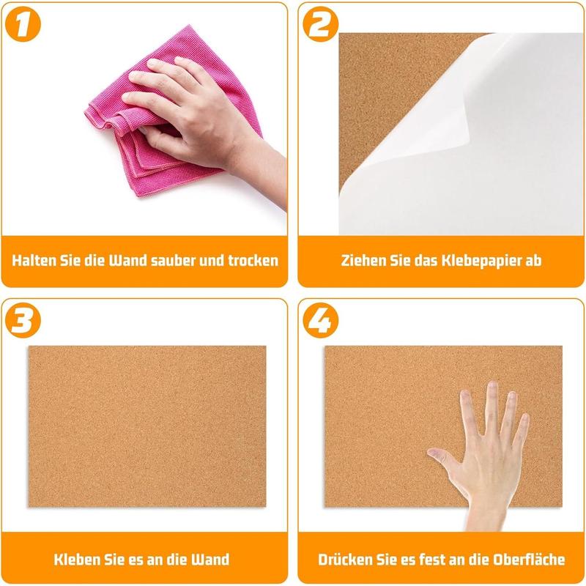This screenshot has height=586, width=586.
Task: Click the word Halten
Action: [37, 260]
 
